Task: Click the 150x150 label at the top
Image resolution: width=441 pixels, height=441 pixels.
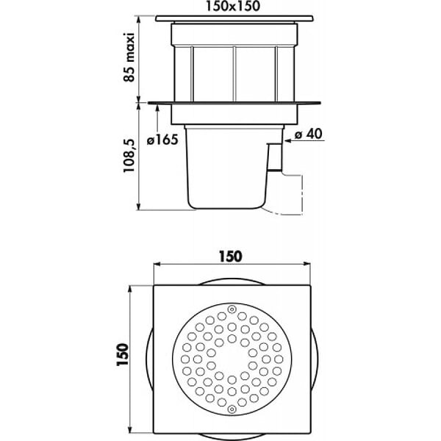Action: (x=233, y=6)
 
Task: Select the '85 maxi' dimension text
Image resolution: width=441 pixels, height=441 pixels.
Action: (x=129, y=57)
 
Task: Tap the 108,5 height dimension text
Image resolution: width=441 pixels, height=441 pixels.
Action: (x=129, y=156)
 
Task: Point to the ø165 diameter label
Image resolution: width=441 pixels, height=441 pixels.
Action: (x=162, y=140)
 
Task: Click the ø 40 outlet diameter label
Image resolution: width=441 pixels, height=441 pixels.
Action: (x=309, y=134)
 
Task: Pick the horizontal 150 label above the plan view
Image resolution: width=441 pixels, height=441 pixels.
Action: (x=231, y=257)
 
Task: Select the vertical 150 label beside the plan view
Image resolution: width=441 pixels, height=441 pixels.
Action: (x=123, y=354)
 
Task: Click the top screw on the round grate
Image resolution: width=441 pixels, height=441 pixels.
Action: (x=232, y=309)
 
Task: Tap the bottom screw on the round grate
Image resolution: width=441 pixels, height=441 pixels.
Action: (x=232, y=409)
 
